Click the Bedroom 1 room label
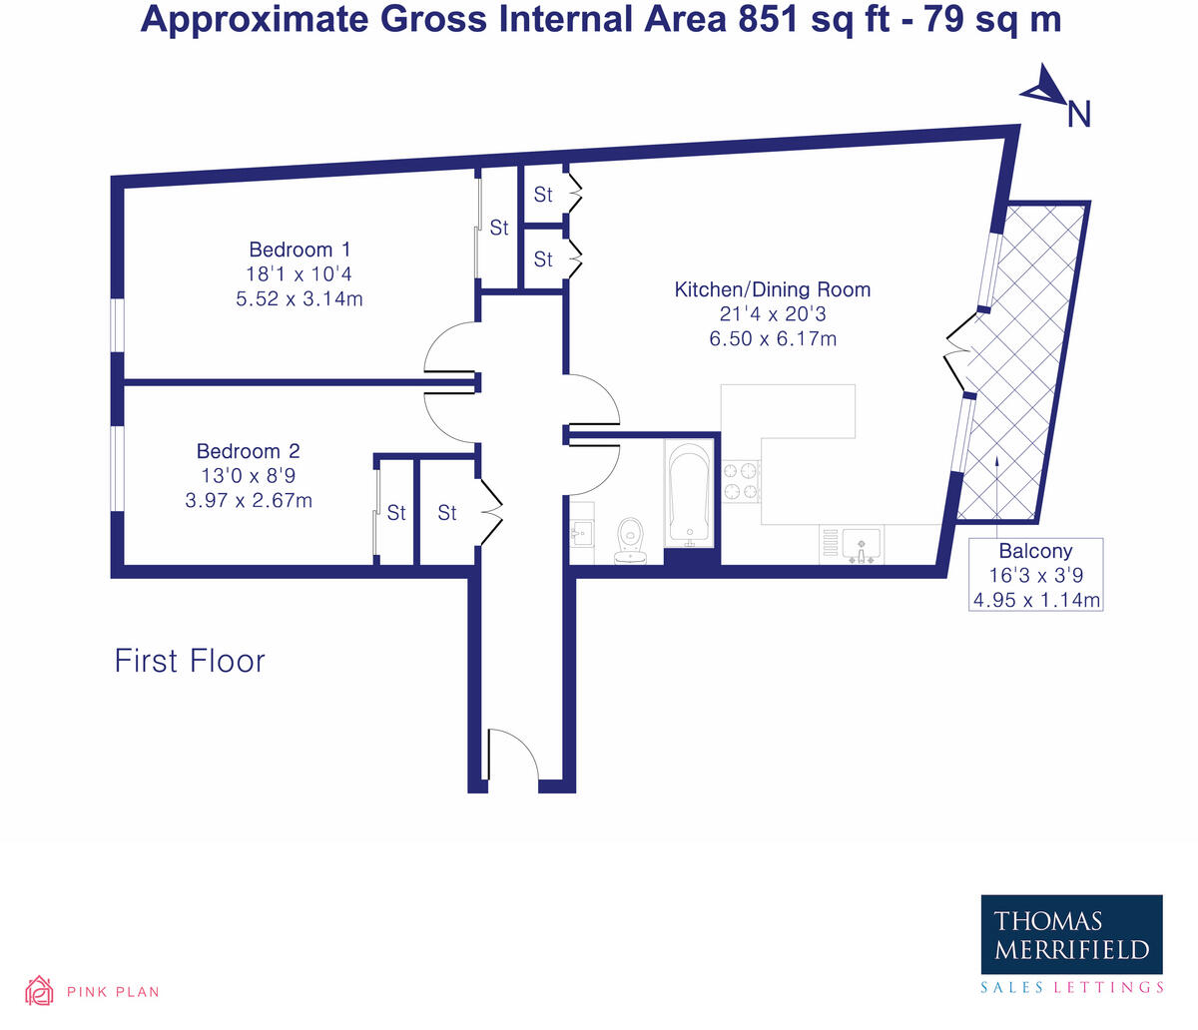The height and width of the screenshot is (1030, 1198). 299,250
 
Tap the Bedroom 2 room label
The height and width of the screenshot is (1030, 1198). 248,451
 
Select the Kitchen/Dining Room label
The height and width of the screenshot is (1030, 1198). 772,290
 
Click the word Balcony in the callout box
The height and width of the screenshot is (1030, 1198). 1035,551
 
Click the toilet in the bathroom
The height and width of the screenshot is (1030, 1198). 631,540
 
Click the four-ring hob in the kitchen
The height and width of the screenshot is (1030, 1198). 742,480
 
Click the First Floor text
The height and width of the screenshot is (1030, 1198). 190,661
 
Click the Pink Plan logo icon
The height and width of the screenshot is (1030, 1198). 39,990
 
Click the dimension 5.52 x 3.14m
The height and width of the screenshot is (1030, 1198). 299,298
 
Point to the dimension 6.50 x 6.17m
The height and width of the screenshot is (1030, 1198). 772,339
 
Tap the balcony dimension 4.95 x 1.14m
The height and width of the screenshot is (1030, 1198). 1035,600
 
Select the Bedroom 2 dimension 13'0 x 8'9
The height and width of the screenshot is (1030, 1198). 248,476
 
